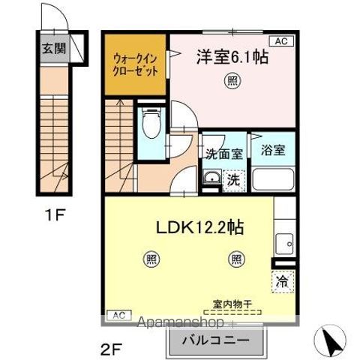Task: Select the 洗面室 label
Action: point(224,152)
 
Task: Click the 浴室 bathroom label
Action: point(273,148)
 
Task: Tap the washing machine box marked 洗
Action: point(234,179)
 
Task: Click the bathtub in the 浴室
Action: point(273,179)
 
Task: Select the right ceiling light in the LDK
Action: point(235,259)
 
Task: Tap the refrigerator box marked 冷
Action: point(283,283)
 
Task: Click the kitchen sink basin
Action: point(284,241)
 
